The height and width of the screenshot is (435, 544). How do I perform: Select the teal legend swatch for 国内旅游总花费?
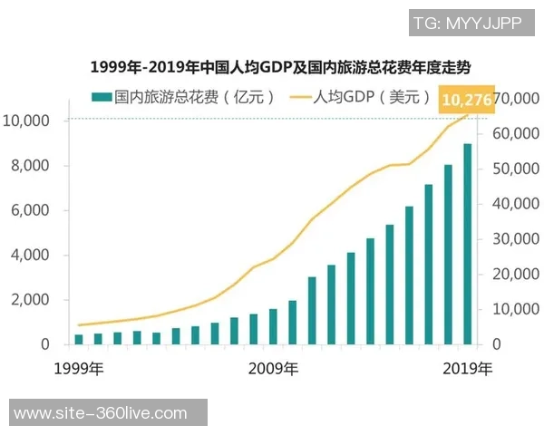click(x=101, y=97)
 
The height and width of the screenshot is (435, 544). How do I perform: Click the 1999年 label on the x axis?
click(x=78, y=369)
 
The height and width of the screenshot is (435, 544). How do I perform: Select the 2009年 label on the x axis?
click(x=273, y=369)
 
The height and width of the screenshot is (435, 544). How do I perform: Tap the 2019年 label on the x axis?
click(x=468, y=369)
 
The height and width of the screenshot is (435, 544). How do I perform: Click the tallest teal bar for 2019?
click(x=468, y=245)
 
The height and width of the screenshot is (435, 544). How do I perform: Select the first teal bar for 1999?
click(x=79, y=339)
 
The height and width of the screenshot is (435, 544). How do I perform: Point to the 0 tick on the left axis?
click(x=44, y=344)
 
